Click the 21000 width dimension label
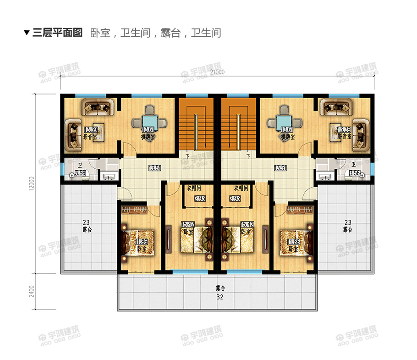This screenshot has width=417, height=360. (217, 72)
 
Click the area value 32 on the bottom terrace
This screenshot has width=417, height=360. (219, 297)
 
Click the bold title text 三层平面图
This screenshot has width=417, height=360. (57, 33)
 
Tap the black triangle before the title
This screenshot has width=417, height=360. (27, 33)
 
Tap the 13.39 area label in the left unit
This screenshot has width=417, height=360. (90, 130)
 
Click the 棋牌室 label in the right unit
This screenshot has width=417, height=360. (287, 137)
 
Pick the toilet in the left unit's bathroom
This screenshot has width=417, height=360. (72, 175)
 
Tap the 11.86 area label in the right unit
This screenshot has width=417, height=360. (294, 242)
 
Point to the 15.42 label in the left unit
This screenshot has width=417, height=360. (188, 224)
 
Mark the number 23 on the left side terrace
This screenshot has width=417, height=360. (86, 222)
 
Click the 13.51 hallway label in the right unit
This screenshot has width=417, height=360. (280, 168)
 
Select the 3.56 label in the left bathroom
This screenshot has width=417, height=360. (81, 172)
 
